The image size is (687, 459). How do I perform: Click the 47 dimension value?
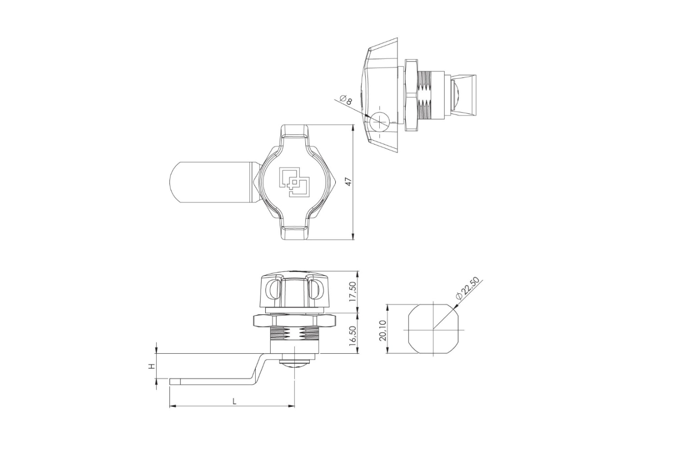[x=348, y=182]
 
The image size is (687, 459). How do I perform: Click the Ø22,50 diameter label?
[x=467, y=287]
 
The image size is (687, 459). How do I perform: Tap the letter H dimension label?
[x=151, y=366]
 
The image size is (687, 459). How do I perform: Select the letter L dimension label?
[x=234, y=401]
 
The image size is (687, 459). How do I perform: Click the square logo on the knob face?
[x=293, y=182]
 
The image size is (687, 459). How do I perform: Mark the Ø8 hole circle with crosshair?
[x=379, y=122]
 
